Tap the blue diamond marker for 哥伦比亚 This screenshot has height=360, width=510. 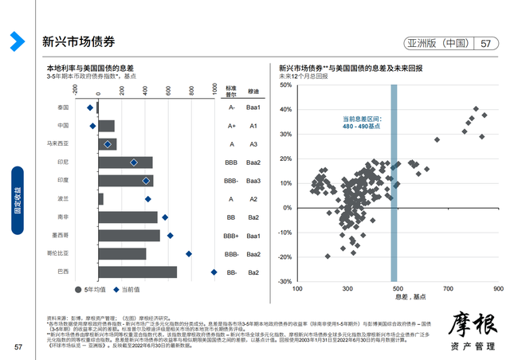tap(189, 254)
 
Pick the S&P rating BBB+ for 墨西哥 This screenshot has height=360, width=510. tap(231, 236)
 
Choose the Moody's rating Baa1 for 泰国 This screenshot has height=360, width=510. tap(253, 108)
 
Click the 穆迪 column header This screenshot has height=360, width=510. tap(253, 92)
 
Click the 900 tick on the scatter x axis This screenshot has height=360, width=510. tap(498, 289)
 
